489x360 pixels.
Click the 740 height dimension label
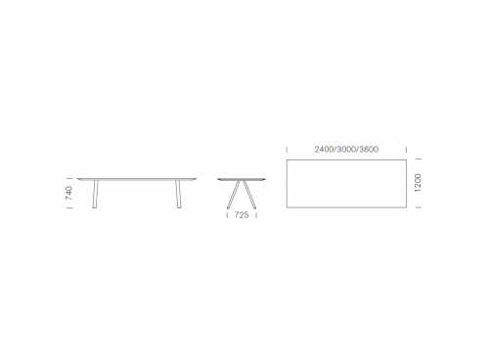click(68, 193)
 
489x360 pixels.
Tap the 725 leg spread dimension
click(242, 215)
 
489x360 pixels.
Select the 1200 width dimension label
click(418, 183)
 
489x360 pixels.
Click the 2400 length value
click(324, 150)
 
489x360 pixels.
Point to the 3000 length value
click(346, 150)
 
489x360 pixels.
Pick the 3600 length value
click(369, 150)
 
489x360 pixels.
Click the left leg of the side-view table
click(95, 194)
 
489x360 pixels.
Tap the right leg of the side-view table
click(178, 194)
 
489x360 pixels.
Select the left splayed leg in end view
click(234, 195)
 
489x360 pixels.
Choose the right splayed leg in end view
click(248, 195)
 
